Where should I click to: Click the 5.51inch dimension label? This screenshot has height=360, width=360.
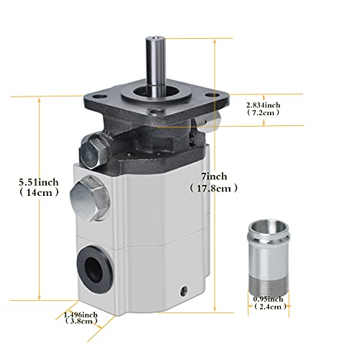[39, 182]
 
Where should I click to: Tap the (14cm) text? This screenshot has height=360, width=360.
[39, 192]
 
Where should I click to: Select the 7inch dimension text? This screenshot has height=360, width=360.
[214, 176]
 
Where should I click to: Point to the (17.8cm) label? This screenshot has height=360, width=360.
[214, 188]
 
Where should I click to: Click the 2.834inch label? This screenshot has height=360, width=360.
[263, 105]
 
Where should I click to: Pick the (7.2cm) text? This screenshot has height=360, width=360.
[264, 112]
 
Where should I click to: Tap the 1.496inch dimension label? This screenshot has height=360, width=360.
[81, 315]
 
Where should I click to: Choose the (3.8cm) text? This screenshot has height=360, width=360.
[81, 321]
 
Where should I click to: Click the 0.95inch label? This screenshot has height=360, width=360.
[268, 300]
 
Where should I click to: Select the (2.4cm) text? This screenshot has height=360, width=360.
[270, 307]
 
